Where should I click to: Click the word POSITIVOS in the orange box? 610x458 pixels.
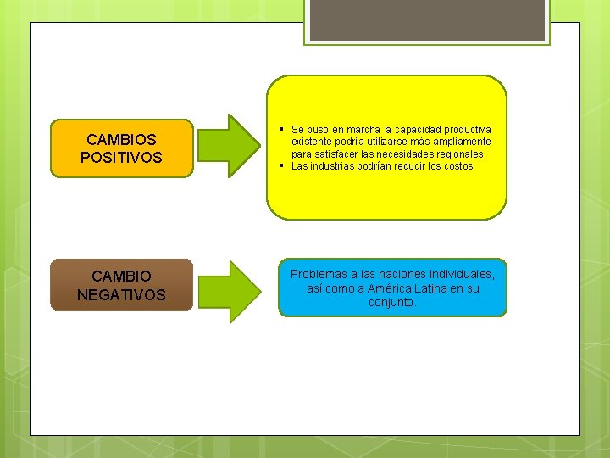click(121, 158)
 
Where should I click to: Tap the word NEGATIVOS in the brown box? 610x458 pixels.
click(121, 295)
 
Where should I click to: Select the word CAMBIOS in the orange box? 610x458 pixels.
click(121, 139)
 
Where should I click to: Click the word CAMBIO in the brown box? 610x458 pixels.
click(121, 276)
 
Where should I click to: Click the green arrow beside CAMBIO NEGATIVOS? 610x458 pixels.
click(229, 291)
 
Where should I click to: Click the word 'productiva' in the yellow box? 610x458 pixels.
click(468, 130)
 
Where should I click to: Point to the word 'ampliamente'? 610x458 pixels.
click(463, 142)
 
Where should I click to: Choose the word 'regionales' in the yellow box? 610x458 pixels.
click(457, 154)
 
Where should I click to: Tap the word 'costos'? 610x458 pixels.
click(457, 166)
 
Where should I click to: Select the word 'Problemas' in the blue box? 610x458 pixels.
click(319, 275)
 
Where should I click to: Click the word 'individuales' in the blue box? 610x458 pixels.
click(460, 275)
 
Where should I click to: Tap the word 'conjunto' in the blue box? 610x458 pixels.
click(391, 302)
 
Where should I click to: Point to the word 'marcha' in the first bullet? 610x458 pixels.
click(353, 130)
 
